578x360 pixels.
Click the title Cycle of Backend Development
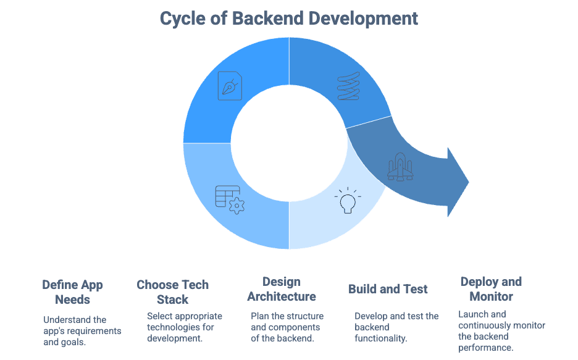point(289,18)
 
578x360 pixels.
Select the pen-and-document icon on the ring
point(230,86)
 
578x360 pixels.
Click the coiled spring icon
point(348,86)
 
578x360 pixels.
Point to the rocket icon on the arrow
point(400,166)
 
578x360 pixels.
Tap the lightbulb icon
point(348,201)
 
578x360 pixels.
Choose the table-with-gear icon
point(229,198)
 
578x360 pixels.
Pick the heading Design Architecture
point(282,289)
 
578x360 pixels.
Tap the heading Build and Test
point(388,289)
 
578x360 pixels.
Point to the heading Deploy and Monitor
point(491,289)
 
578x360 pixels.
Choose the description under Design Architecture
point(287,327)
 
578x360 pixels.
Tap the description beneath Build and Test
point(396,327)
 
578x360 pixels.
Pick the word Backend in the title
point(272,18)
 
